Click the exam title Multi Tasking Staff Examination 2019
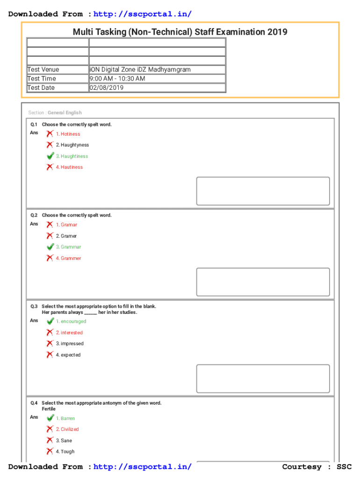click(x=180, y=32)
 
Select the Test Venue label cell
click(x=43, y=70)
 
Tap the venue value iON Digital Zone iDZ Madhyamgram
click(x=140, y=70)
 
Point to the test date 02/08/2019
click(x=107, y=87)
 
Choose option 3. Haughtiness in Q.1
click(x=72, y=156)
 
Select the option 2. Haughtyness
click(x=72, y=145)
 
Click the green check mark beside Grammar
click(x=50, y=247)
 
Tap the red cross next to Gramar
click(x=50, y=225)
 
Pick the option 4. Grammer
click(x=68, y=258)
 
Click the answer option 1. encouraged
click(x=71, y=321)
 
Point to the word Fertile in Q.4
click(x=49, y=409)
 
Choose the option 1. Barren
click(x=65, y=419)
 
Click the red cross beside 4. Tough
click(x=50, y=451)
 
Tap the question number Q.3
click(x=34, y=306)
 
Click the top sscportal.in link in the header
click(x=143, y=14)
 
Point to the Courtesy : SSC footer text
click(x=317, y=467)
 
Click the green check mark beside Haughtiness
click(x=50, y=156)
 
